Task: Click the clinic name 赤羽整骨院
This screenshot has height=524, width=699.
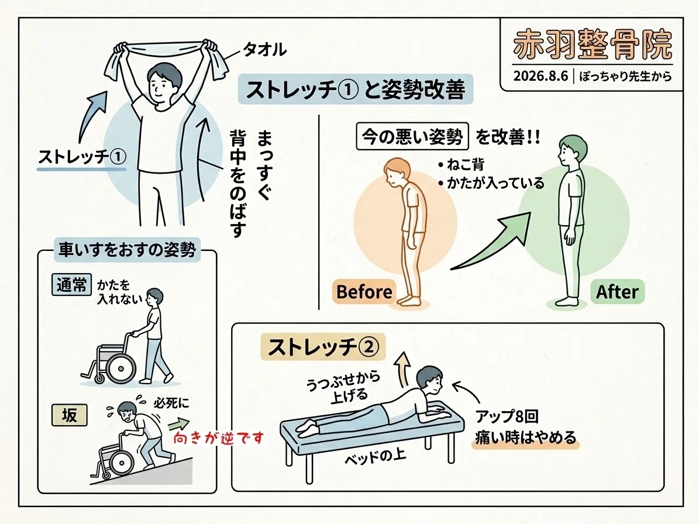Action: [x=593, y=45]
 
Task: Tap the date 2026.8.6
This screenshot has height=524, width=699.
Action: [x=540, y=76]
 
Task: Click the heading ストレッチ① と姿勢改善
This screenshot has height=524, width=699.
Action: [x=355, y=89]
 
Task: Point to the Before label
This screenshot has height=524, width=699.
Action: [x=364, y=292]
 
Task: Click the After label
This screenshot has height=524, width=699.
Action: [x=617, y=292]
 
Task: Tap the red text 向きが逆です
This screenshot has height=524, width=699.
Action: [x=218, y=439]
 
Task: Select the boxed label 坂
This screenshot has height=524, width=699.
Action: [x=70, y=415]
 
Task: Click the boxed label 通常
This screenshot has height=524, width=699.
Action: [x=72, y=284]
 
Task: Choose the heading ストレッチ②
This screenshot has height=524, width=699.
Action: [x=323, y=347]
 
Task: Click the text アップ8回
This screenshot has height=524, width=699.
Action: [x=507, y=417]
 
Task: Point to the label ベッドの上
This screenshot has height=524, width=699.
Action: [x=376, y=457]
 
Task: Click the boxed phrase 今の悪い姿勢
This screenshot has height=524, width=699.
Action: [x=412, y=136]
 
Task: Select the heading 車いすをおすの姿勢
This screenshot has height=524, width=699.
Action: [x=127, y=250]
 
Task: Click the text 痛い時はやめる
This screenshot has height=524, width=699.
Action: [x=526, y=437]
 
